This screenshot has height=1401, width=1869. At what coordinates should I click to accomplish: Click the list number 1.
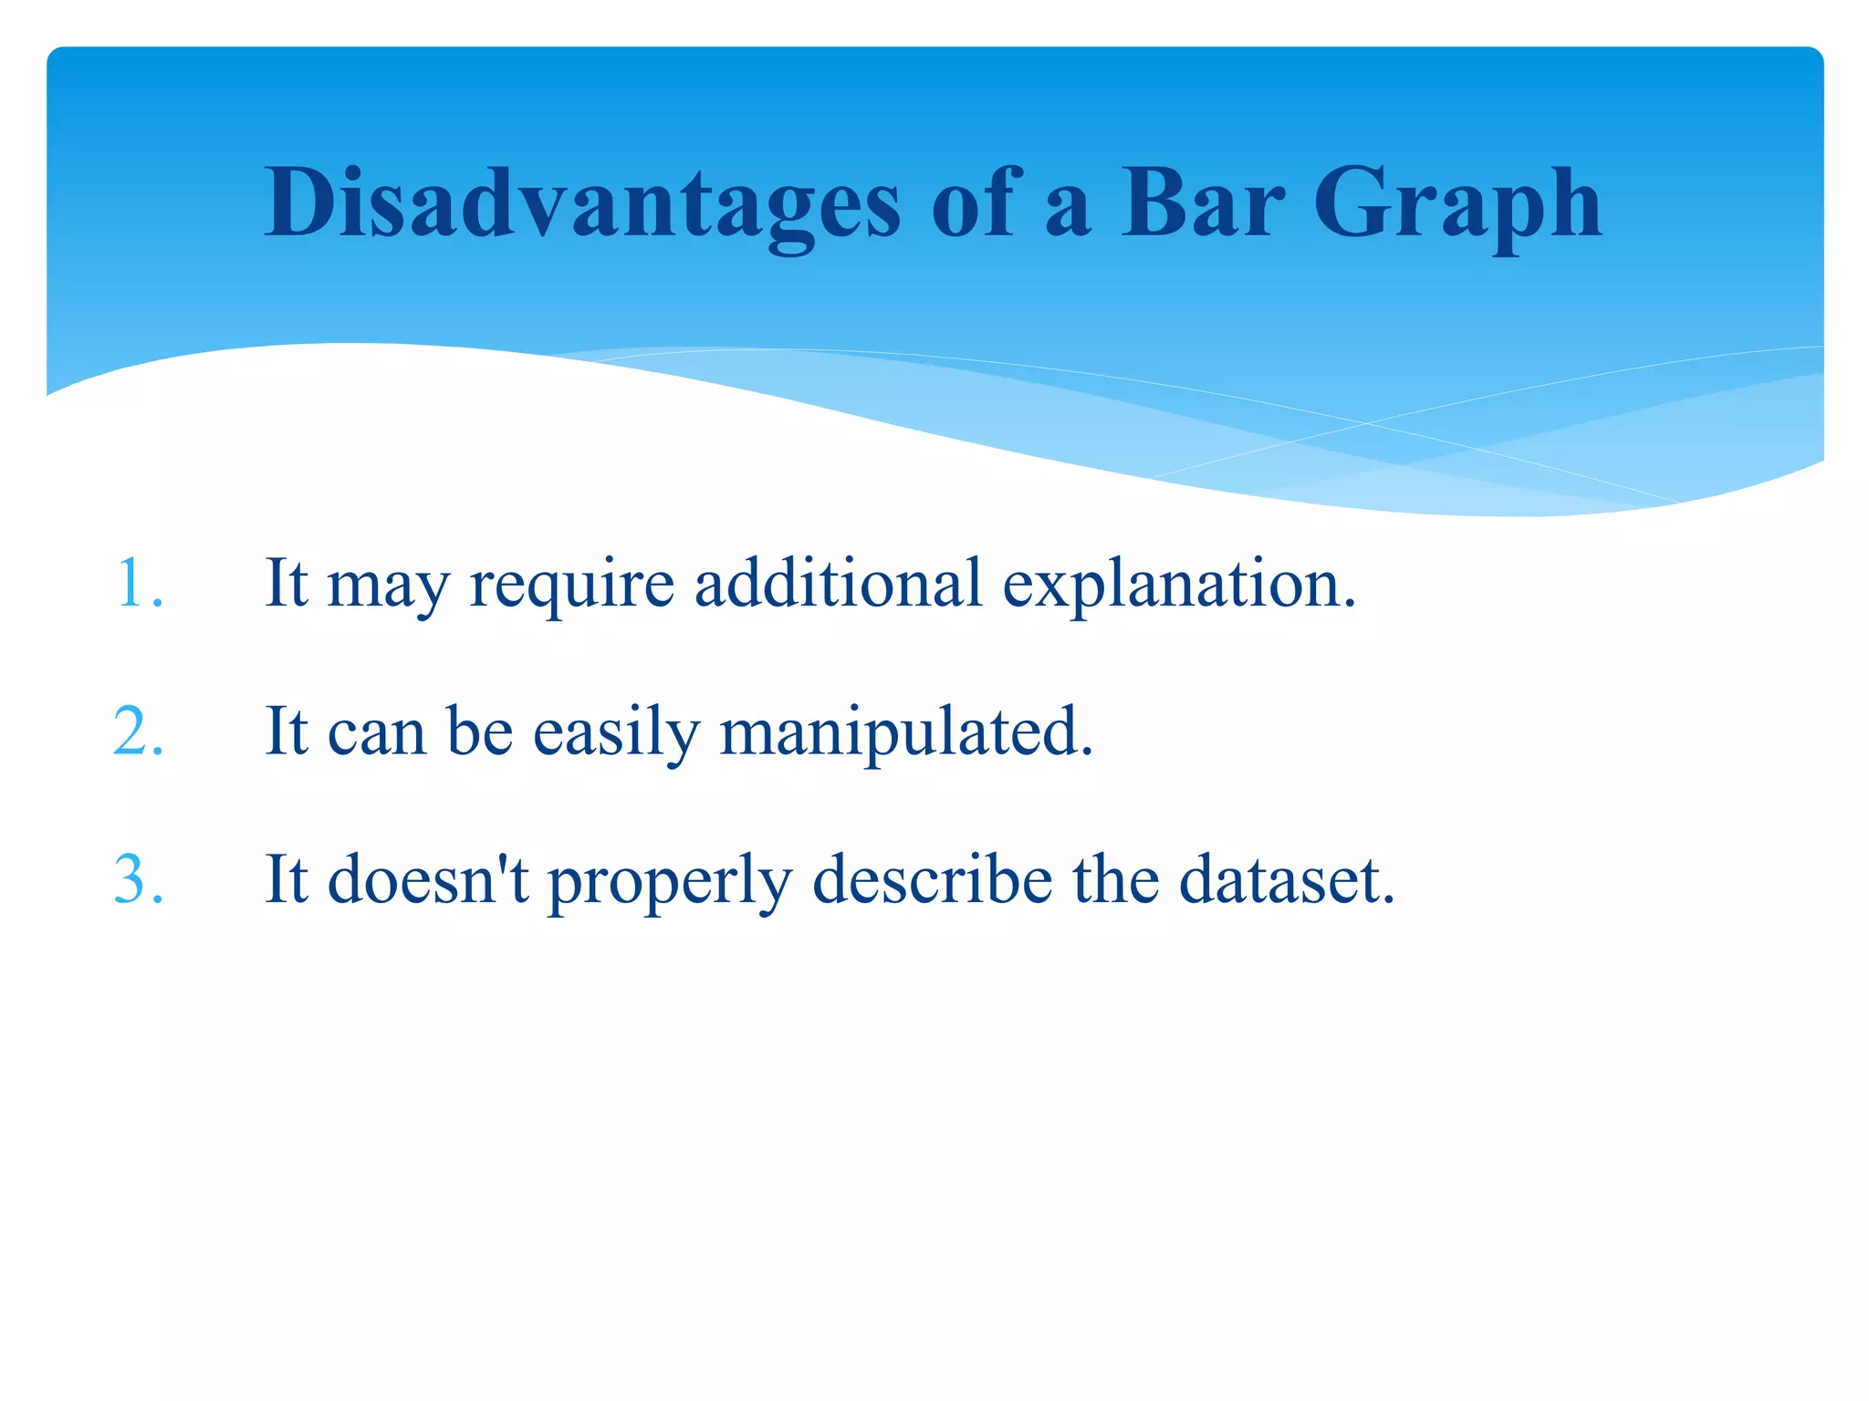(x=139, y=584)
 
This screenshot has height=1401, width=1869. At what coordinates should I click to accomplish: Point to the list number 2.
(x=139, y=732)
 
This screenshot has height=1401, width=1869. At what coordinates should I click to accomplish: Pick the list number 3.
(x=139, y=880)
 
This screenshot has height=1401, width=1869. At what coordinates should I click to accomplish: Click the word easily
(x=616, y=733)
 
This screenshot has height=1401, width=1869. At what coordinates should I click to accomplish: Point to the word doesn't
(x=428, y=880)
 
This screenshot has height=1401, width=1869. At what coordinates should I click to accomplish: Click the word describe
(x=932, y=880)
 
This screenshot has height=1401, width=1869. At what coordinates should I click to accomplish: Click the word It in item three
(x=286, y=880)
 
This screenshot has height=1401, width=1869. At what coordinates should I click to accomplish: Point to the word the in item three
(x=1115, y=880)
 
